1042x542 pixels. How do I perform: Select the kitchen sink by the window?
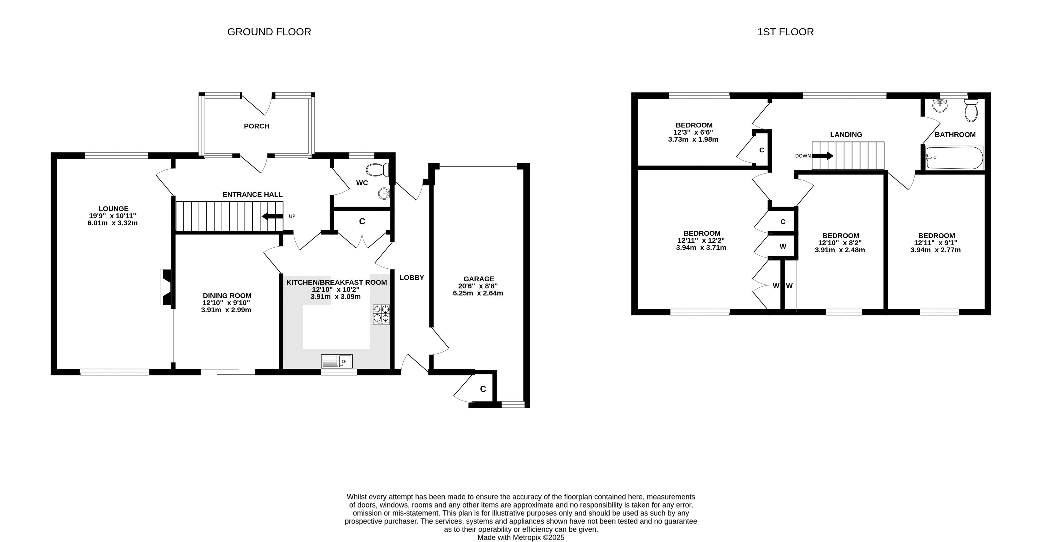[x=337, y=361]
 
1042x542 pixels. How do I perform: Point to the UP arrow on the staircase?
[x=273, y=216]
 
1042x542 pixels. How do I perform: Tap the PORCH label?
[x=256, y=126]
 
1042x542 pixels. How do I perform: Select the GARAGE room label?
[x=479, y=279]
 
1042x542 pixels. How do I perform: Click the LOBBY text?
[x=412, y=278]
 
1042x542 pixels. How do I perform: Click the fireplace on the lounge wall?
[x=167, y=287]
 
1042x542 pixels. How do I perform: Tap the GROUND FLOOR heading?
[x=269, y=32]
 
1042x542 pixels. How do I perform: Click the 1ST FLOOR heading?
[x=785, y=32]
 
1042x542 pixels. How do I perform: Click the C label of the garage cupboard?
[x=483, y=389]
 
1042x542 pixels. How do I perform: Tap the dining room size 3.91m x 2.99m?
[x=226, y=310]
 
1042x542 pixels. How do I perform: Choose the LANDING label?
[x=846, y=135]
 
